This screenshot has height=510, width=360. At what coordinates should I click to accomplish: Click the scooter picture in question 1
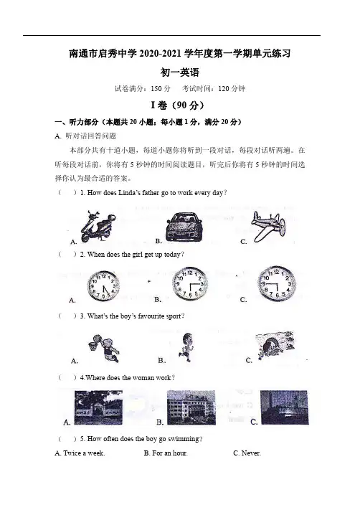tap(98, 227)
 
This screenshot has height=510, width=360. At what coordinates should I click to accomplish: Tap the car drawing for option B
tap(184, 227)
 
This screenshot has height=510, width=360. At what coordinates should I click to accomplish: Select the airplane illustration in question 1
tap(268, 227)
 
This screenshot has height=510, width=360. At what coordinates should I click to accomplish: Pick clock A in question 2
tap(103, 286)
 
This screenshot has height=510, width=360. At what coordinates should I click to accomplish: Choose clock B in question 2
tap(190, 283)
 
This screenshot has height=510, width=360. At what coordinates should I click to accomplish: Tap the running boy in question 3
tap(186, 347)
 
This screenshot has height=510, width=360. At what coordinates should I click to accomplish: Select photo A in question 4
tap(98, 407)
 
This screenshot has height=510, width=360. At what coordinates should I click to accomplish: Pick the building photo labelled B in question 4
tap(191, 407)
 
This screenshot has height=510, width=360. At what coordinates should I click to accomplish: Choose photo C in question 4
tap(284, 407)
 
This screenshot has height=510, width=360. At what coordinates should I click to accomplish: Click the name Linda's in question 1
tap(129, 192)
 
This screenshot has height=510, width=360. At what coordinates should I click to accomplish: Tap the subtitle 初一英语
tap(180, 72)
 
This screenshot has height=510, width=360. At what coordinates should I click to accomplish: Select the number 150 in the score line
tap(156, 88)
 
